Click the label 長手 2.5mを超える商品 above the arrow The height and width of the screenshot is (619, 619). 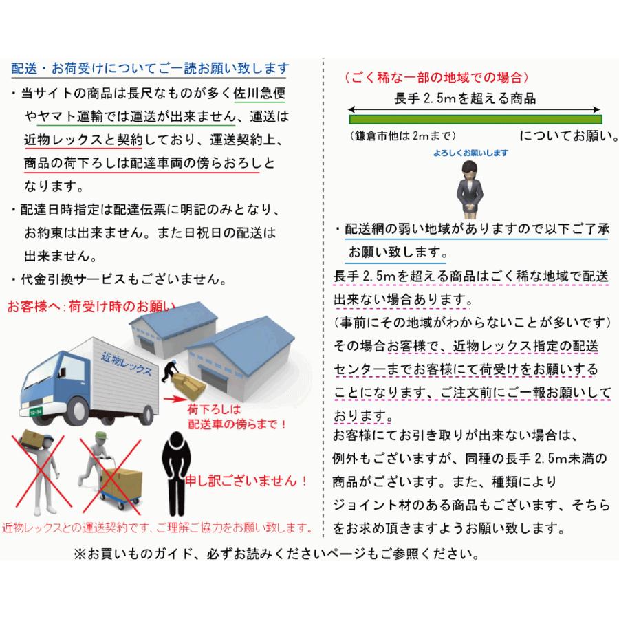[465, 98]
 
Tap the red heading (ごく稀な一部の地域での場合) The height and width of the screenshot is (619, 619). [436, 77]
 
